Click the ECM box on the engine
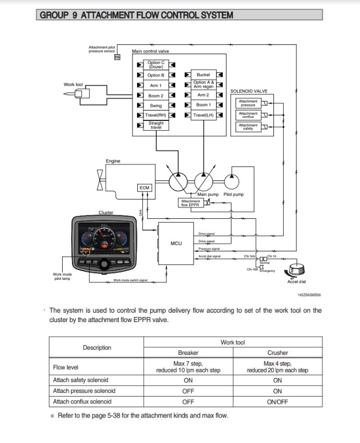144,188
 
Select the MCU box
176,243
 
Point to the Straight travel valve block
155,125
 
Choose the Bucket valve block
203,75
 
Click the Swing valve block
155,105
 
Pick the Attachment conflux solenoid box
248,115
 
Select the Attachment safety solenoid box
248,126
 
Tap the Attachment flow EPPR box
190,203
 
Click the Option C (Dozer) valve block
155,65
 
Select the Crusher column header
277,353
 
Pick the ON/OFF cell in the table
277,401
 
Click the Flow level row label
66,367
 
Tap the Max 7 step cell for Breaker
188,367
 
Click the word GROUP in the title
55,15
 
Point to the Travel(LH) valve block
203,115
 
